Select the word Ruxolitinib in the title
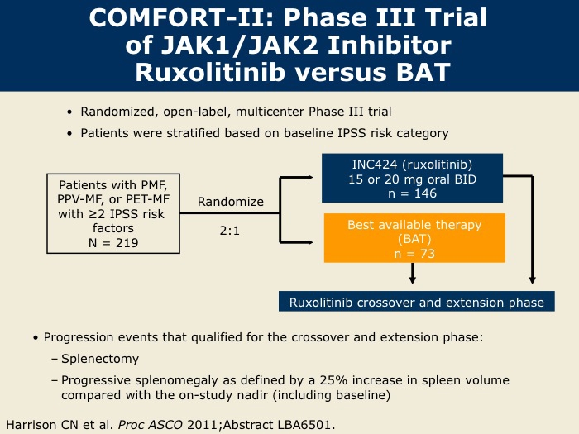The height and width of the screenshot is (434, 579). (x=210, y=72)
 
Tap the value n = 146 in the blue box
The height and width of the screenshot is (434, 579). (x=413, y=193)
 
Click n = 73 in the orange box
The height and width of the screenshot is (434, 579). (x=414, y=254)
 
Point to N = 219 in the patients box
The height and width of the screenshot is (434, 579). (x=113, y=243)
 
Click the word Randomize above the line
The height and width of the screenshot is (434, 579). (x=231, y=202)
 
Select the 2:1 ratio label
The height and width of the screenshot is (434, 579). (x=230, y=231)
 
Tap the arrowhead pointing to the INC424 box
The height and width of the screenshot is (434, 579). (x=309, y=178)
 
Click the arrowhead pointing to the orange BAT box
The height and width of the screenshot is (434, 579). (x=309, y=242)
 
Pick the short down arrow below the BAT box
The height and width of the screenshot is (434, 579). (x=413, y=274)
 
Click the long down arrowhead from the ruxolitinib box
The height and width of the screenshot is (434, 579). (x=532, y=280)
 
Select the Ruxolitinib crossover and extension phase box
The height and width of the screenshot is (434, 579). (x=417, y=302)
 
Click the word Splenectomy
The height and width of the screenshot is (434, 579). (x=100, y=359)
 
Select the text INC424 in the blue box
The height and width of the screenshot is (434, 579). (x=375, y=165)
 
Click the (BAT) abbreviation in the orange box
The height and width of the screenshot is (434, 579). (x=414, y=239)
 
